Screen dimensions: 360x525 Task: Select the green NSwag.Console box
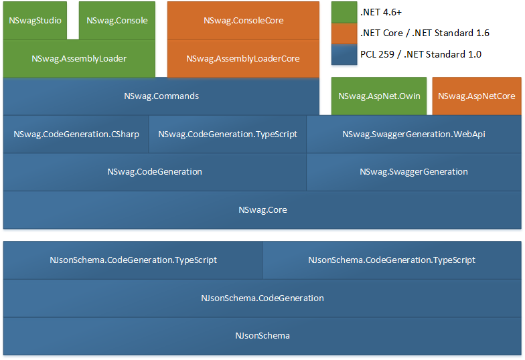pos(117,20)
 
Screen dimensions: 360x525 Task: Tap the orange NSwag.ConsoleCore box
pos(243,20)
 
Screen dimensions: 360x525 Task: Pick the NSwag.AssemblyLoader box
pos(79,58)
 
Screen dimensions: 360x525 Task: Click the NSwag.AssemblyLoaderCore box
pos(243,58)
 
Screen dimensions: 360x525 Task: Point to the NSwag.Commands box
pos(161,96)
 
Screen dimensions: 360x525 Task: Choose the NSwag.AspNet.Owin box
pos(379,96)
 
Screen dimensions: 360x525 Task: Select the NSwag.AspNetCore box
pos(476,96)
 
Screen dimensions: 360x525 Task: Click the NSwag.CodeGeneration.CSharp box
pos(76,134)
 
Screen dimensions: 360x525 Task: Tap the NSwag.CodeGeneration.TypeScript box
pos(228,134)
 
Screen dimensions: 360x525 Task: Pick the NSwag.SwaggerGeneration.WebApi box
pos(413,134)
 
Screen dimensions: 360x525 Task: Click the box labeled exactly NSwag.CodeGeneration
pos(155,172)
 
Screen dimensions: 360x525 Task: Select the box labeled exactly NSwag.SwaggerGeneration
pos(413,172)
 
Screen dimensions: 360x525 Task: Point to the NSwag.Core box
pos(262,209)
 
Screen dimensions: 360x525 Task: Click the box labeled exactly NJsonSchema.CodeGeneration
pos(262,298)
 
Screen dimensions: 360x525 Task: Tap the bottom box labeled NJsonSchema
pos(262,335)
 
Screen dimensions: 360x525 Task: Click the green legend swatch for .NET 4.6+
pos(344,13)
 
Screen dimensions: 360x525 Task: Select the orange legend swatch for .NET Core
pos(344,33)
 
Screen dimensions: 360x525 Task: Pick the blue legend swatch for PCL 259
pos(344,54)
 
